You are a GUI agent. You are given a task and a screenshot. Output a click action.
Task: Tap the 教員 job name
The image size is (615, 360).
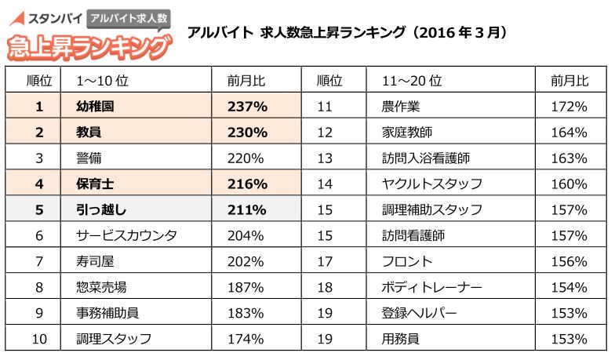[x=89, y=133]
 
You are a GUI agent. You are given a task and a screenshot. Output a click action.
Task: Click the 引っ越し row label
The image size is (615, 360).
[x=102, y=209]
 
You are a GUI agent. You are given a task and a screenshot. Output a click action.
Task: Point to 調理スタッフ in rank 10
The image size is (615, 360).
[x=114, y=339]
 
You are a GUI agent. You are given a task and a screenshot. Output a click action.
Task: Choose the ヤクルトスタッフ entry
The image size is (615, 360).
[x=432, y=184]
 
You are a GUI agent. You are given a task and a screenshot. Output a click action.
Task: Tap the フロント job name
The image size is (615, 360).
[x=408, y=261]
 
